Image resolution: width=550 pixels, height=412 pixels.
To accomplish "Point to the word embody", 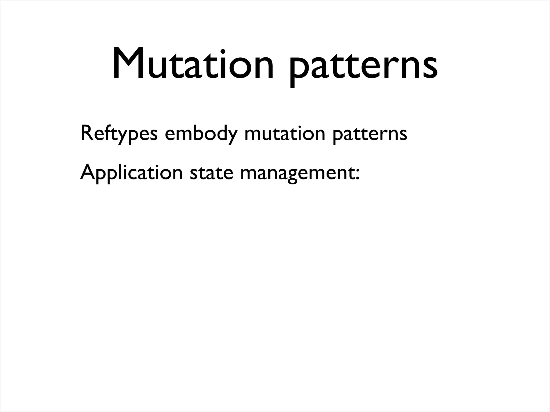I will click(x=201, y=134).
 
